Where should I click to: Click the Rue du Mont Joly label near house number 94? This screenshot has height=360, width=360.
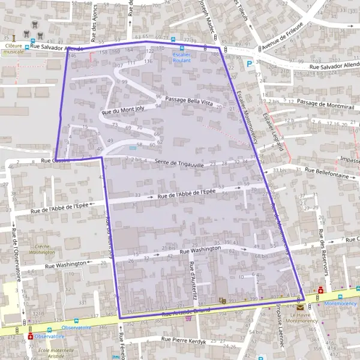124,110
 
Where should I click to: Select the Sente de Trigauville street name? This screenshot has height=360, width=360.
180,163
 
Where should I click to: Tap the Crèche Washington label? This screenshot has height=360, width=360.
41,249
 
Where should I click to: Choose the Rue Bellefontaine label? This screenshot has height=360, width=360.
326,170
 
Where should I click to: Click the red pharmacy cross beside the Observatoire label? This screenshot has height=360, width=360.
31,337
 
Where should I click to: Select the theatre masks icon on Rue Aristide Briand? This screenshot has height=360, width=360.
223,301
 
